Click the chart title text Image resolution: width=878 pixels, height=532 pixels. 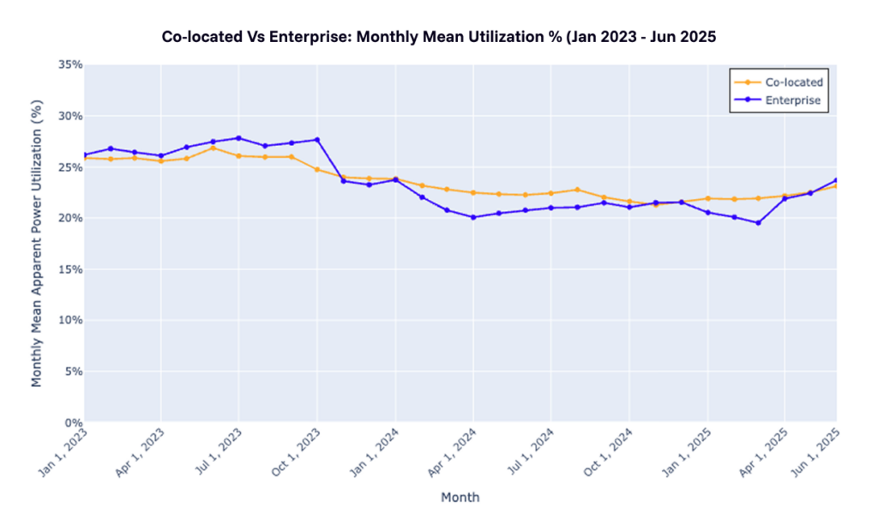click(438, 37)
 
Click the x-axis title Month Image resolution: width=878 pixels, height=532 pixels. click(460, 498)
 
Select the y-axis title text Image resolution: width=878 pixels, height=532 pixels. click(37, 243)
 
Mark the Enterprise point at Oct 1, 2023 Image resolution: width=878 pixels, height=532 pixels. click(317, 140)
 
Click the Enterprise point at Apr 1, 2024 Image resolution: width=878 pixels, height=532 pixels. click(472, 217)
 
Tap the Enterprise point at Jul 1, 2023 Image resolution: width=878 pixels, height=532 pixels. click(238, 138)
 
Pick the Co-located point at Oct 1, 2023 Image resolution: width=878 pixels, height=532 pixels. click(317, 169)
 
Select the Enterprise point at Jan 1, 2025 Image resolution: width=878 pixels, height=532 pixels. click(707, 212)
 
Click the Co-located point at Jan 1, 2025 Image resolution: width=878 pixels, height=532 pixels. click(707, 198)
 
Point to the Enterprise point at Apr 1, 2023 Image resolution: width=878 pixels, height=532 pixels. click(161, 155)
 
